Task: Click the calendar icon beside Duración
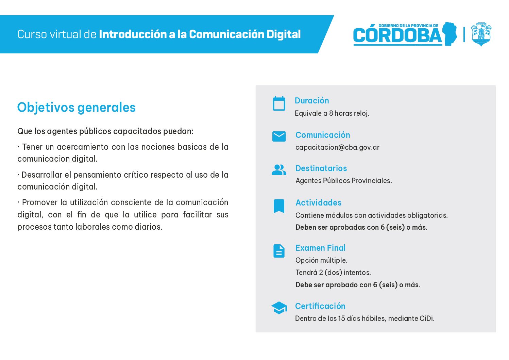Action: tap(279, 103)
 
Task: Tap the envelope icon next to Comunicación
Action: tap(279, 136)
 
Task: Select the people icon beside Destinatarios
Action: tap(279, 170)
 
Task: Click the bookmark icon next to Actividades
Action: tap(279, 206)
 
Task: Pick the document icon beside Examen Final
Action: tap(279, 251)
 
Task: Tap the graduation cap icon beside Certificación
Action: tap(279, 308)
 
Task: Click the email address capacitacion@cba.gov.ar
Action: tap(337, 148)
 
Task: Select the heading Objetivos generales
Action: tap(77, 108)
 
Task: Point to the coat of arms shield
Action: tap(481, 34)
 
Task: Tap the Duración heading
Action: tap(312, 100)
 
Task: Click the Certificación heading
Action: tap(320, 306)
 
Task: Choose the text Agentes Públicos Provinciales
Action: tap(343, 181)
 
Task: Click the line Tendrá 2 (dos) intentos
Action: tap(333, 273)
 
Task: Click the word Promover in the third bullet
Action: tap(40, 202)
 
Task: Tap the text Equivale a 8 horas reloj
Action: tap(332, 113)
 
